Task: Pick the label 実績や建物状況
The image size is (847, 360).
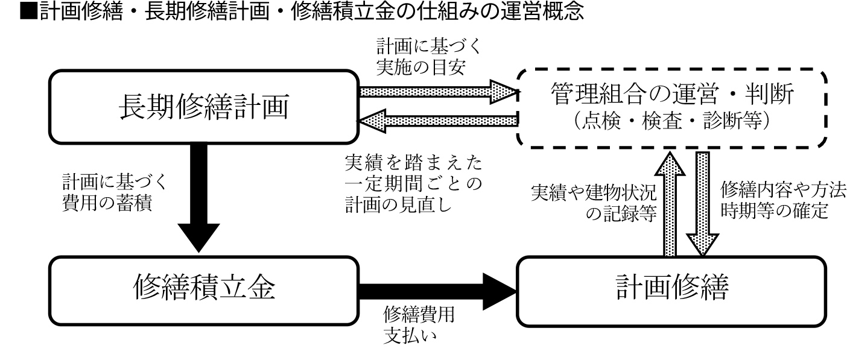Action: [594, 194]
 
